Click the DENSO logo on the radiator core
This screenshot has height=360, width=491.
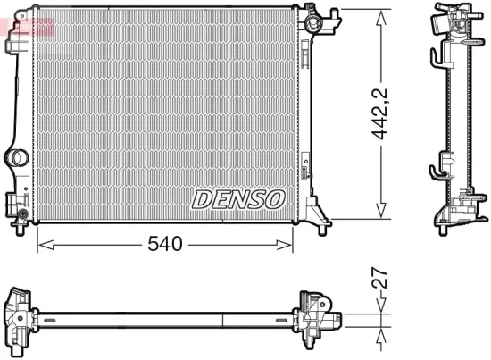tap(237, 198)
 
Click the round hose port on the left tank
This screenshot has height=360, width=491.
tap(17, 159)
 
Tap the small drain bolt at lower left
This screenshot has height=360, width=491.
tap(21, 215)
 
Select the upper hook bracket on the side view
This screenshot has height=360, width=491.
tap(437, 58)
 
